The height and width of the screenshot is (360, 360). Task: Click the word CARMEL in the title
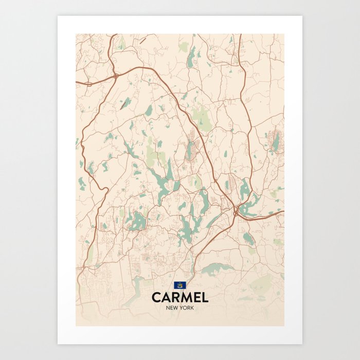[180, 298]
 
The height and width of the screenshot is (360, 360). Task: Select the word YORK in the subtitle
[187, 308]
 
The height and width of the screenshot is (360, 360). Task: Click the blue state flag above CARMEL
[180, 285]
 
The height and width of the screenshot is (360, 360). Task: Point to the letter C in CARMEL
[156, 298]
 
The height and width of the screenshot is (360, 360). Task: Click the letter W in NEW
[177, 308]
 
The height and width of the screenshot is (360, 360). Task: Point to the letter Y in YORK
[182, 308]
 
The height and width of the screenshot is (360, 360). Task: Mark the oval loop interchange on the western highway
[88, 83]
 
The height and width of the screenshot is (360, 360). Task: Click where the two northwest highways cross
[117, 76]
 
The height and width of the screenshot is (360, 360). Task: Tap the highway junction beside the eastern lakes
[236, 211]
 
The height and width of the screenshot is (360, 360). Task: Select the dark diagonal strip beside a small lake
[125, 103]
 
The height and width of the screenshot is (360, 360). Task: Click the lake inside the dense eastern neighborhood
[276, 141]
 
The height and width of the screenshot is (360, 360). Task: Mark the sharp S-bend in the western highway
[103, 190]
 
